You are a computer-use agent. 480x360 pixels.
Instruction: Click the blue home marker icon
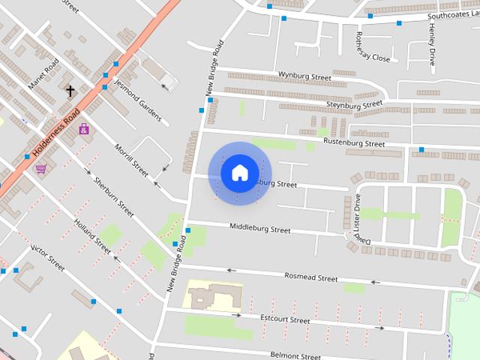tap(239, 172)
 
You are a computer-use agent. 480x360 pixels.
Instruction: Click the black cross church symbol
tap(70, 91)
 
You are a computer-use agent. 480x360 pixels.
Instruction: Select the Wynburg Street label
tap(304, 76)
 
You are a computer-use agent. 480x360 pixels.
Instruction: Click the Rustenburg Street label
tap(353, 142)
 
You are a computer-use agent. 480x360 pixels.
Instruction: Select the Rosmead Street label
tap(310, 277)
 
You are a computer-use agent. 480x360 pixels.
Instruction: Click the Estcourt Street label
tap(285, 320)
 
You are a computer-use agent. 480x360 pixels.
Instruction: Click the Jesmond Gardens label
tap(138, 101)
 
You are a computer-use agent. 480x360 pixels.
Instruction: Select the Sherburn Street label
tap(113, 196)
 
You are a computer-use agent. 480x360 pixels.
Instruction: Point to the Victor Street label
tap(46, 257)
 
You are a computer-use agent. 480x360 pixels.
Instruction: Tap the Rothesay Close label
tap(373, 47)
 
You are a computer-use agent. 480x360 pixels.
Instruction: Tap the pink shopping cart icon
tap(40, 169)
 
